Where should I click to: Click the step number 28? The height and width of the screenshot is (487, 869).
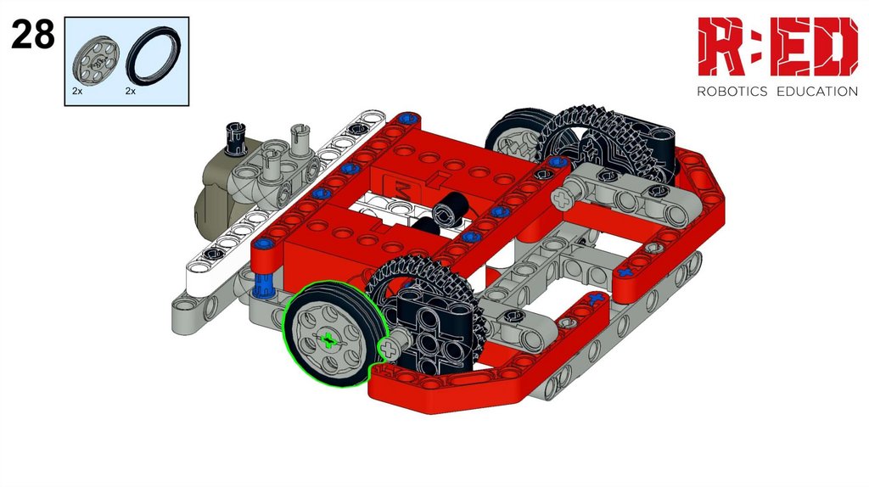33,34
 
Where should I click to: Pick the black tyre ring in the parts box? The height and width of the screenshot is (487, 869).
154,55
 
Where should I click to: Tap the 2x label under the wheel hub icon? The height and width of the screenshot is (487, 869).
77,91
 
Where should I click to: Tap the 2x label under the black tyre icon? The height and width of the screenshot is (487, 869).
130,91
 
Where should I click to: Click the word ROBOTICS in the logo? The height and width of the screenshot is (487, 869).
732,92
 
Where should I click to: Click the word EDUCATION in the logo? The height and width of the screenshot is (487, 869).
817,92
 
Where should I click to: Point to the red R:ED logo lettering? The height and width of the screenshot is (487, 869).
777,47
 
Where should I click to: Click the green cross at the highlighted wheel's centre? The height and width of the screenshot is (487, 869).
328,340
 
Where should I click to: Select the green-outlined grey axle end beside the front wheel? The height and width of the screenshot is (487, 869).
389,349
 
